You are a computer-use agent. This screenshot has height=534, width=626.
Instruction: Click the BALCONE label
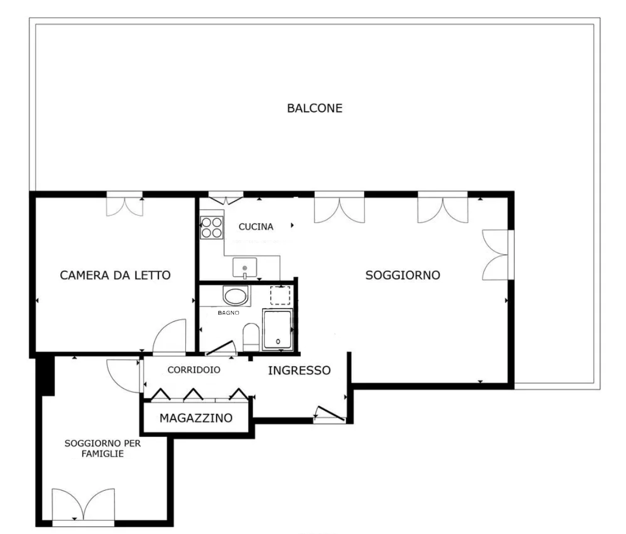[315, 108]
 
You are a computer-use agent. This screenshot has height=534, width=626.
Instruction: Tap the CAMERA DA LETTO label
[115, 275]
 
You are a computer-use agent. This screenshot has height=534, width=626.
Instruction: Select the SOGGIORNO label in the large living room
[403, 275]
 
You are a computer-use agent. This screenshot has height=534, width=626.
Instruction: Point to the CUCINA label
[256, 226]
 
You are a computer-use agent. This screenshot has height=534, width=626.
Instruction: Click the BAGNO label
[229, 313]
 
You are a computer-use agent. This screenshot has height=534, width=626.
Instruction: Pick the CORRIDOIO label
[194, 370]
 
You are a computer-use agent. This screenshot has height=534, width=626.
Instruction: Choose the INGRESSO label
[299, 371]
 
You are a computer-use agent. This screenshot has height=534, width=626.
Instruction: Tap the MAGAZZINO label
[196, 418]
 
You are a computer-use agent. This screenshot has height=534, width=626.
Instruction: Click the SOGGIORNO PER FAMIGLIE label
[103, 448]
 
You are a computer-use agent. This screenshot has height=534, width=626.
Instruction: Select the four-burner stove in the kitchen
[212, 228]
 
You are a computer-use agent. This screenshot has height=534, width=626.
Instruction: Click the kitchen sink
[244, 267]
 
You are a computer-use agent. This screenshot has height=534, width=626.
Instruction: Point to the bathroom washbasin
[236, 296]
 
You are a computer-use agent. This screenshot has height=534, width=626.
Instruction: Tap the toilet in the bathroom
[251, 334]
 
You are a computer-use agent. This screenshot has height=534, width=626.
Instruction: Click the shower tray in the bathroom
[277, 330]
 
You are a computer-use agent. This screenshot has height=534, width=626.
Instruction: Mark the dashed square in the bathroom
[280, 296]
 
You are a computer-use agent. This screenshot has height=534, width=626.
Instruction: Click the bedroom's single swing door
[170, 337]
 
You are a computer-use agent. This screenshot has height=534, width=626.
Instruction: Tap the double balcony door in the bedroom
[124, 204]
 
